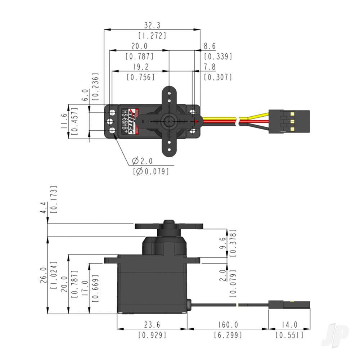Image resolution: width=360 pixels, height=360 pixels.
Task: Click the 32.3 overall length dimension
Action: (152, 25)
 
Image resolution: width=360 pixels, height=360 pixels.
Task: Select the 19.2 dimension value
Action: (140, 67)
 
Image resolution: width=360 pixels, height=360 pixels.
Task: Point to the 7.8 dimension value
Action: (210, 67)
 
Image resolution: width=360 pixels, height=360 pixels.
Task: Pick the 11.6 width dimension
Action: (64, 121)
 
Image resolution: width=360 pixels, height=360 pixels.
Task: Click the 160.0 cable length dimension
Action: (228, 325)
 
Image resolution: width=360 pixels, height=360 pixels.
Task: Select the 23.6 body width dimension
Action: (152, 325)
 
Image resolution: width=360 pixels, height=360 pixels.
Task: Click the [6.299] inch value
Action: (228, 335)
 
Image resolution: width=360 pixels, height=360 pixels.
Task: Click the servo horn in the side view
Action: (168, 226)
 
